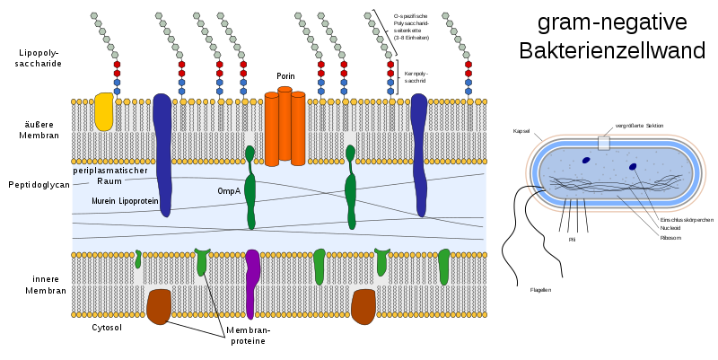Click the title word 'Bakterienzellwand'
612,50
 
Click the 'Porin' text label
285,76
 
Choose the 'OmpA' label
228,191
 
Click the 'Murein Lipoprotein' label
125,201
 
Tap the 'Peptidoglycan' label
38,185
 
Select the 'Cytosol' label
107,328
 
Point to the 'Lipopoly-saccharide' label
39,58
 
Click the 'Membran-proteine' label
248,336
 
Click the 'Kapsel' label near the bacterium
521,131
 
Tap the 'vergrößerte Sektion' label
639,126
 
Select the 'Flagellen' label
540,290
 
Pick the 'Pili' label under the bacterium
572,240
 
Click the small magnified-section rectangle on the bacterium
604,143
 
